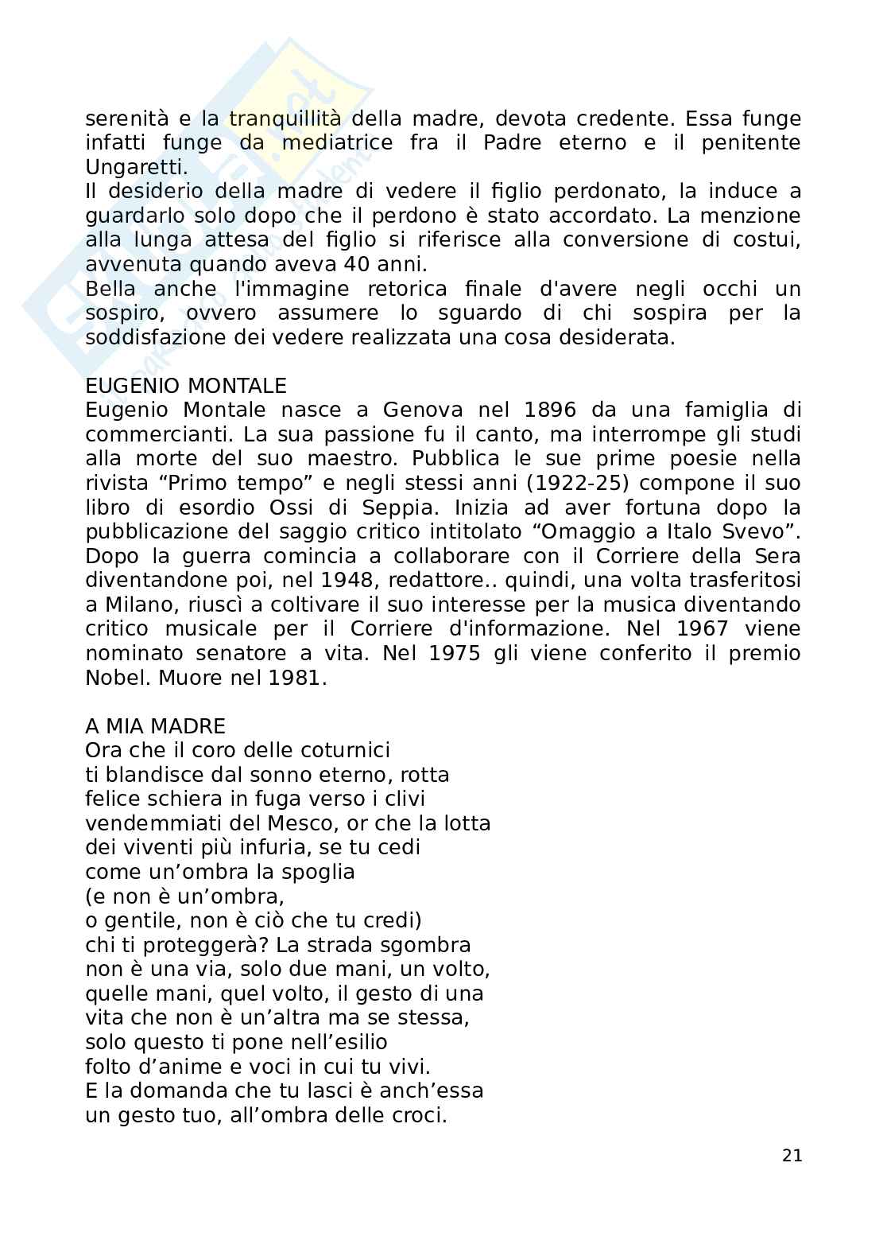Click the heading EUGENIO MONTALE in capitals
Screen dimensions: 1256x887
[x=185, y=387]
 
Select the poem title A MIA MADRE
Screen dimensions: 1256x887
[x=155, y=726]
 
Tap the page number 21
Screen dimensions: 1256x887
[x=792, y=1156]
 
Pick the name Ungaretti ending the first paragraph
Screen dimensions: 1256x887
[x=136, y=168]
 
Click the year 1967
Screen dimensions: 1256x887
[x=702, y=629]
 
